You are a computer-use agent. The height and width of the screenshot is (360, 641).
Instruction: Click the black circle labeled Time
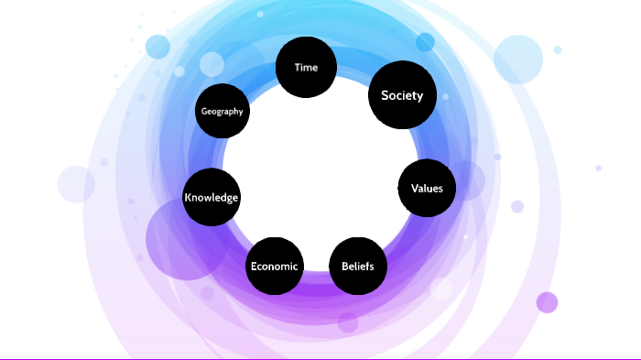[307, 67]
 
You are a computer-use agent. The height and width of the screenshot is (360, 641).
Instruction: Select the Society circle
[402, 94]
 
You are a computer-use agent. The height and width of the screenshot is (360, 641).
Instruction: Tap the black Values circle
[427, 189]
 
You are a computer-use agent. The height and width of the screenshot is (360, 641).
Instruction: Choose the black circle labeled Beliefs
[357, 266]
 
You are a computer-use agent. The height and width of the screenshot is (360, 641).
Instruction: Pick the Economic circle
[274, 267]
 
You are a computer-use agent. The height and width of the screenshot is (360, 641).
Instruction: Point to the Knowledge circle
[212, 197]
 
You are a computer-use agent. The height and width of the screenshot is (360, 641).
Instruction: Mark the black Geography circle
[223, 111]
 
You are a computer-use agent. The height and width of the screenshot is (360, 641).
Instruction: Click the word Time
[306, 67]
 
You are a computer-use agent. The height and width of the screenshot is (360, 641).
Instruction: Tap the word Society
[402, 95]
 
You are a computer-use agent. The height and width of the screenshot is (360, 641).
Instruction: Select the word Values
[427, 189]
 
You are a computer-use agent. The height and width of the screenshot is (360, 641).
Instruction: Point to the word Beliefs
[357, 267]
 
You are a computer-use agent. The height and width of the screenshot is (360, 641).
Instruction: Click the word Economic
[274, 267]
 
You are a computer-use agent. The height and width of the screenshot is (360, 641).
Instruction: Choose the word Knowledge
[212, 197]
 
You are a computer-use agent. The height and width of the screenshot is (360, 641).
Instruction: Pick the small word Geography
[223, 112]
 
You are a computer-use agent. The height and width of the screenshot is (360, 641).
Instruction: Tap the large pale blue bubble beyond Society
[519, 60]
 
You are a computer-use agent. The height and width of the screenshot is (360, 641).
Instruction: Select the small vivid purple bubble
[547, 302]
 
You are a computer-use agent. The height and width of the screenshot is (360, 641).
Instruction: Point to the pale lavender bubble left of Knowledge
[76, 184]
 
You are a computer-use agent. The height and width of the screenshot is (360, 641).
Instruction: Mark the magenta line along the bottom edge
[320, 358]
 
